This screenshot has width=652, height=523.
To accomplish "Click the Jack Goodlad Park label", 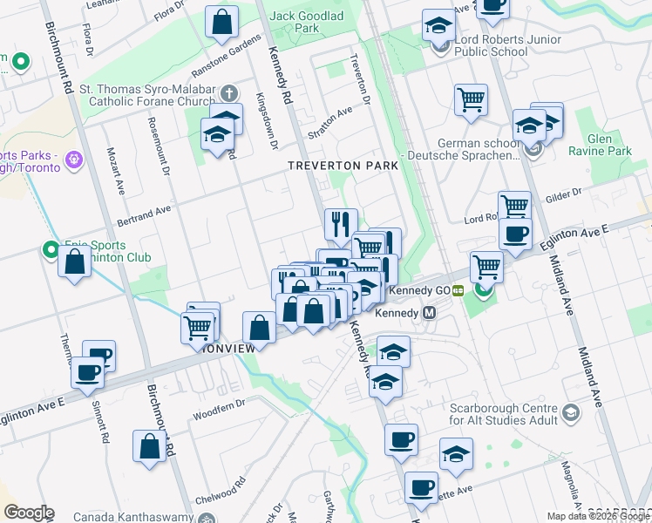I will (294, 22).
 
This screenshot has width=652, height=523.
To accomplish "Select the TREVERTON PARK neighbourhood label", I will (343, 165).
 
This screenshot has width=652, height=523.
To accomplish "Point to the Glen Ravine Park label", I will (600, 145).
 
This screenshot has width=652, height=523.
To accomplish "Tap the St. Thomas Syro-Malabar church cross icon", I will (228, 93).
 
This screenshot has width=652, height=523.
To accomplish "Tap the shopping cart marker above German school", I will (471, 99).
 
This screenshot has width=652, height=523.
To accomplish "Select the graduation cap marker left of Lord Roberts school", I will (438, 25).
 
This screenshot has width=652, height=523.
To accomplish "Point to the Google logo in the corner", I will (29, 513).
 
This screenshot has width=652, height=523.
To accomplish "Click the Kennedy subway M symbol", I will (429, 312).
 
